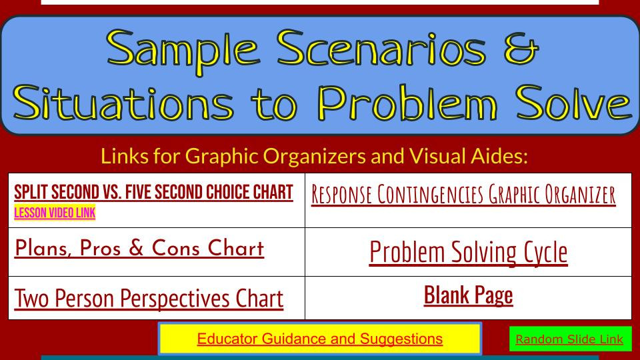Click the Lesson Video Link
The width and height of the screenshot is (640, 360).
click(x=55, y=213)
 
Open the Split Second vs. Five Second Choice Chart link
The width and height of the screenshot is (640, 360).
click(x=153, y=193)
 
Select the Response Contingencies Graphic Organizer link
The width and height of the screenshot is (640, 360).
click(x=463, y=194)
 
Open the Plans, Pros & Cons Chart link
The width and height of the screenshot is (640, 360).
click(x=139, y=249)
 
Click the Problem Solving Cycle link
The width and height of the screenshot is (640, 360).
click(x=468, y=252)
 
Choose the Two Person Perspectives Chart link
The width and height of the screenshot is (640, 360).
click(x=149, y=298)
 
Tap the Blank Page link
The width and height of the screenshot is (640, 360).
click(x=468, y=295)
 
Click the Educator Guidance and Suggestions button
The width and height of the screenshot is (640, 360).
click(x=319, y=339)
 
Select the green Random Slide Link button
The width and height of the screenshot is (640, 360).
click(x=569, y=339)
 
